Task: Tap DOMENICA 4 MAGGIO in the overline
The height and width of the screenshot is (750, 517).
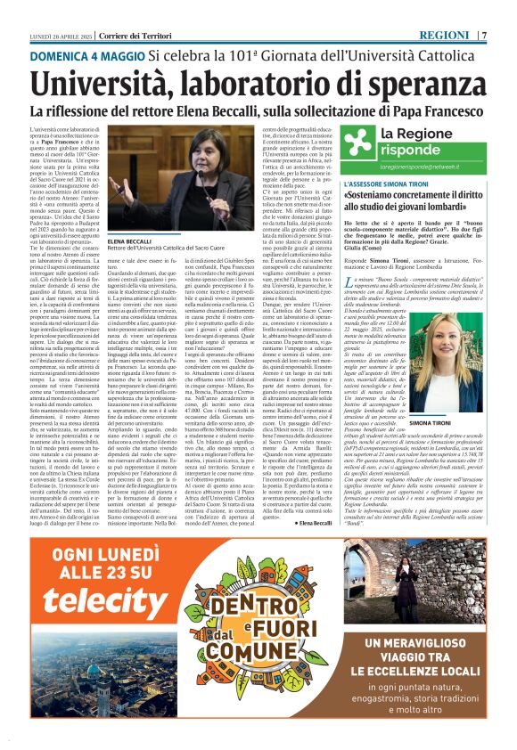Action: (x=86, y=55)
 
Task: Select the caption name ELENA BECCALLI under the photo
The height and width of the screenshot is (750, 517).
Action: (x=129, y=241)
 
